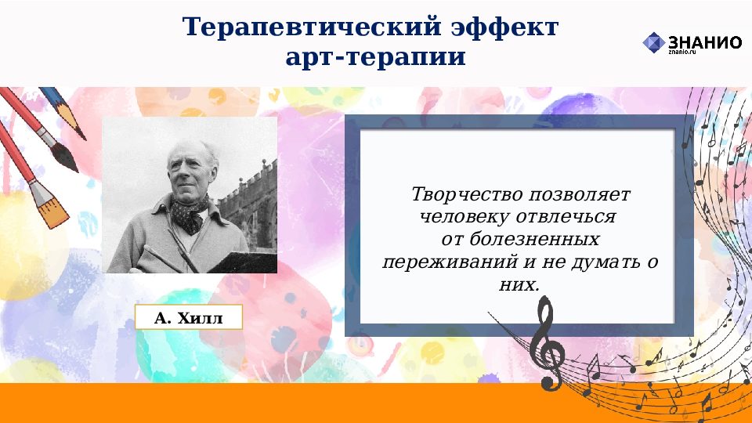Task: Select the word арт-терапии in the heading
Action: (375, 57)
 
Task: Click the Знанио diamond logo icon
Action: (653, 42)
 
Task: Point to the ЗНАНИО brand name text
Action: (704, 42)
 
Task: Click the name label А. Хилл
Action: (189, 318)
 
